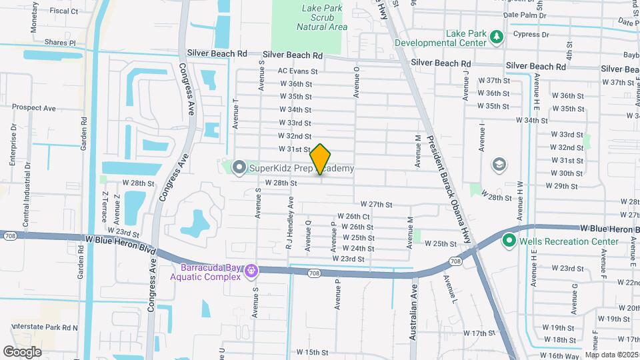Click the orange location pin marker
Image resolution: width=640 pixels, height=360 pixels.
click(x=321, y=159)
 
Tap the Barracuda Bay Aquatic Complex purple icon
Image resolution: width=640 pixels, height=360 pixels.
click(x=251, y=271)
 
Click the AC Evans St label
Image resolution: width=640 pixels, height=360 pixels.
click(x=298, y=71)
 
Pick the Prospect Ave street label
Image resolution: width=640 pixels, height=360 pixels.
click(x=33, y=107)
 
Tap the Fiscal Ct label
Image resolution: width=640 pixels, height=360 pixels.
click(x=64, y=11)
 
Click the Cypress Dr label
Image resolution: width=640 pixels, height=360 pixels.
click(x=531, y=34)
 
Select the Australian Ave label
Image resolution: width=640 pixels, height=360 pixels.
click(x=413, y=312)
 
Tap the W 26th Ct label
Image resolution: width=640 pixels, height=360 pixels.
click(x=353, y=217)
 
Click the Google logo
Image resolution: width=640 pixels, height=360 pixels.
click(x=22, y=351)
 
